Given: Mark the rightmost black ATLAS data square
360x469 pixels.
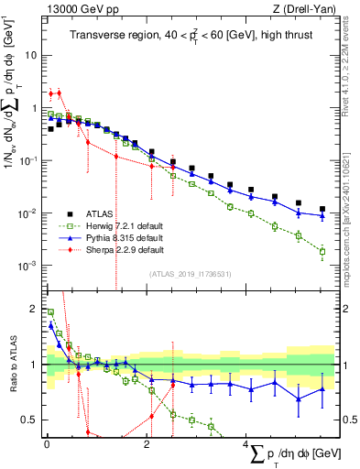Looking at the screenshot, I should point(322,209).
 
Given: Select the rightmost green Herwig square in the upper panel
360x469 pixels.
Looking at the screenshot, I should point(322,251).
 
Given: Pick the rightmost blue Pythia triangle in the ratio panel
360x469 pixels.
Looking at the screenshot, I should point(322,389).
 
